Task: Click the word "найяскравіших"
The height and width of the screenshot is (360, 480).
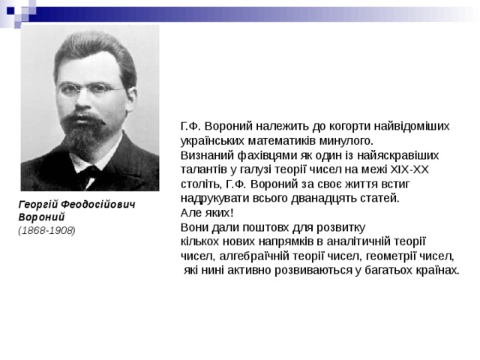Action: pos(403,155)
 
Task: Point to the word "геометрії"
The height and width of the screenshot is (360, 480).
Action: pos(380,255)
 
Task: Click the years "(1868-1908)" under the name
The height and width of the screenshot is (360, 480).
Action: pos(46,230)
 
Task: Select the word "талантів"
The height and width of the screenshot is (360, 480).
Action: pos(203,169)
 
